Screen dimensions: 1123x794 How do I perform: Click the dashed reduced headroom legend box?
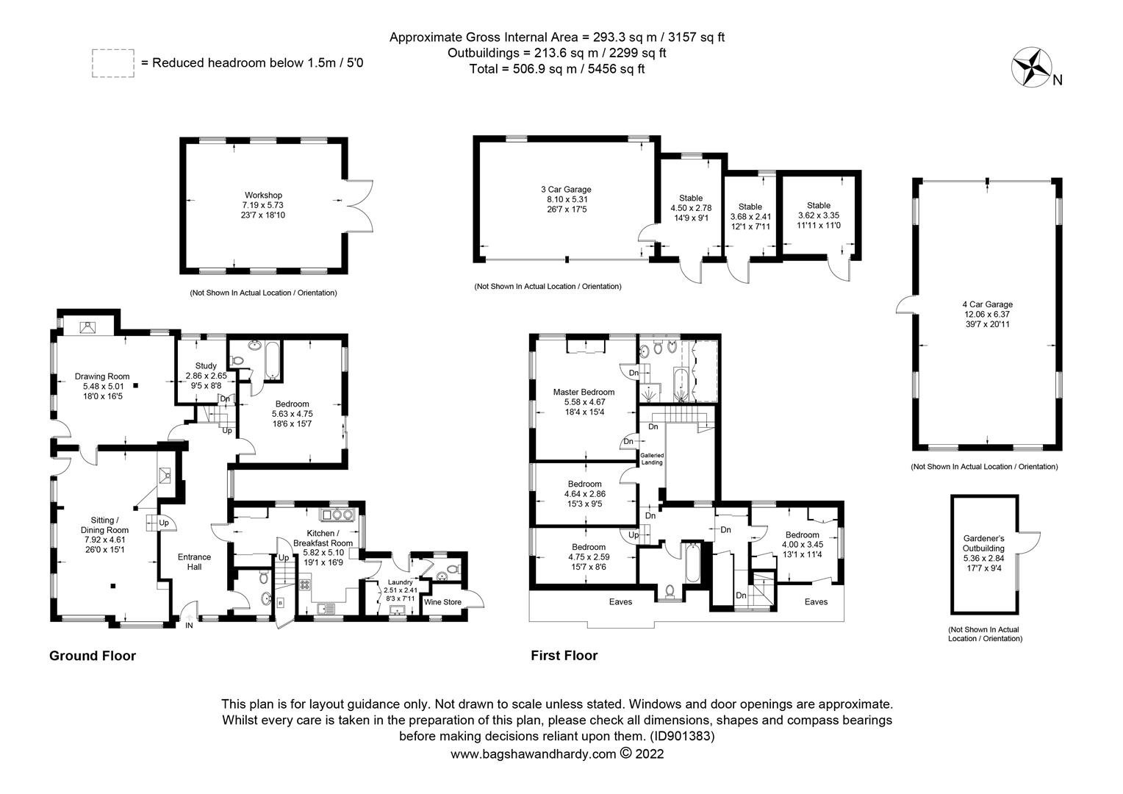(112, 63)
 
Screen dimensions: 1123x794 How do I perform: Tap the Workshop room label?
(263, 195)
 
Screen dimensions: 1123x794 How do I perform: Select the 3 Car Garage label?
(566, 190)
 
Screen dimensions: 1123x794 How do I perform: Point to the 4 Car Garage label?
(987, 304)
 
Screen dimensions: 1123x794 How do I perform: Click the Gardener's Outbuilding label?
(983, 544)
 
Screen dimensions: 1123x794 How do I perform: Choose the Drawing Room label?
(102, 376)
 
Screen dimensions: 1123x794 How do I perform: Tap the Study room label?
(206, 366)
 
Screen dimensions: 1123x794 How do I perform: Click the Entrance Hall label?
(195, 562)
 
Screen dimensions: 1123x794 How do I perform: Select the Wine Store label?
(442, 602)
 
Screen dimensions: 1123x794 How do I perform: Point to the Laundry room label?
(400, 582)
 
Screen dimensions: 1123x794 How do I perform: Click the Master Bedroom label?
(584, 393)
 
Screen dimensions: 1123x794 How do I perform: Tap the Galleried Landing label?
(652, 459)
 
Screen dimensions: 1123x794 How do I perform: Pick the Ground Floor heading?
(93, 656)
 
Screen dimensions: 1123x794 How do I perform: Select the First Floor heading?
(564, 656)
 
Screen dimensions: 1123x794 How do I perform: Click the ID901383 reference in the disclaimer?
(682, 737)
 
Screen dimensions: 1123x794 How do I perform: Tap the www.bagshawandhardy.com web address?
(534, 754)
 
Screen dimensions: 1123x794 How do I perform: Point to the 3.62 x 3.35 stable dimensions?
(819, 215)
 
